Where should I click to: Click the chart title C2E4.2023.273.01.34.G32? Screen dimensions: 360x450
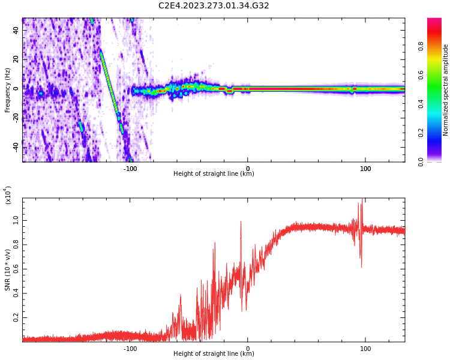point(214,6)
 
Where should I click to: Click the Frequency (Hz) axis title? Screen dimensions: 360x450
point(8,90)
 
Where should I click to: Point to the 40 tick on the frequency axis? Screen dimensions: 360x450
point(16,30)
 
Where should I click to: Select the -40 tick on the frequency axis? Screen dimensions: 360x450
point(16,146)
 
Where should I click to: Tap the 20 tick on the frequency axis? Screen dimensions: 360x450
point(16,59)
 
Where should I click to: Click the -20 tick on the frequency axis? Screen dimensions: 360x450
point(16,117)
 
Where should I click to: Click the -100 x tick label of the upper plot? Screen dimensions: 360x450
point(130,168)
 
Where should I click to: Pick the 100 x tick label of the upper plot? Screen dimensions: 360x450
point(365,168)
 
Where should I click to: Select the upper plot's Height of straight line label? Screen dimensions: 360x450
point(214,174)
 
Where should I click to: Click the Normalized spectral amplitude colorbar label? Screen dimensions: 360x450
point(446,90)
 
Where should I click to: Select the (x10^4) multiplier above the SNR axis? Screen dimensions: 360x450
point(8,196)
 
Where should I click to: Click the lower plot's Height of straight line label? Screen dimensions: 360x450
point(214,354)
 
